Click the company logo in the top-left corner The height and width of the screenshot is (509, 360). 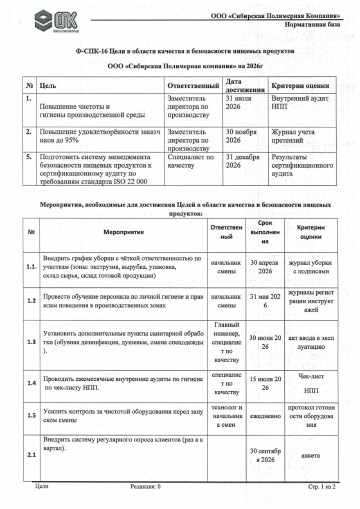[43, 22]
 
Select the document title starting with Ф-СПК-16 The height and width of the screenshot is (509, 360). [180, 48]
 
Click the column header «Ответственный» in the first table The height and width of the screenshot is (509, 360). [193, 88]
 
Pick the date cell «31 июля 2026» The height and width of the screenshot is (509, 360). [244, 105]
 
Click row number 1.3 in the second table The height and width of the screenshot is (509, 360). [32, 341]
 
